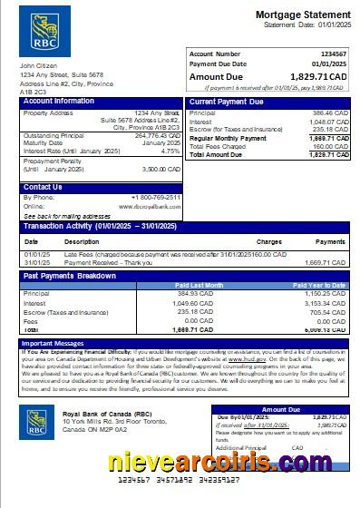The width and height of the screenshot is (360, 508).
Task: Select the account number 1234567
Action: coord(332,54)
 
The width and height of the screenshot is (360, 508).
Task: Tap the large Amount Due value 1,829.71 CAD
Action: coord(318,79)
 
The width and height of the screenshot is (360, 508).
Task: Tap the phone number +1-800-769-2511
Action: coord(155,197)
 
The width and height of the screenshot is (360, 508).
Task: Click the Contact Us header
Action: coord(44,187)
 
